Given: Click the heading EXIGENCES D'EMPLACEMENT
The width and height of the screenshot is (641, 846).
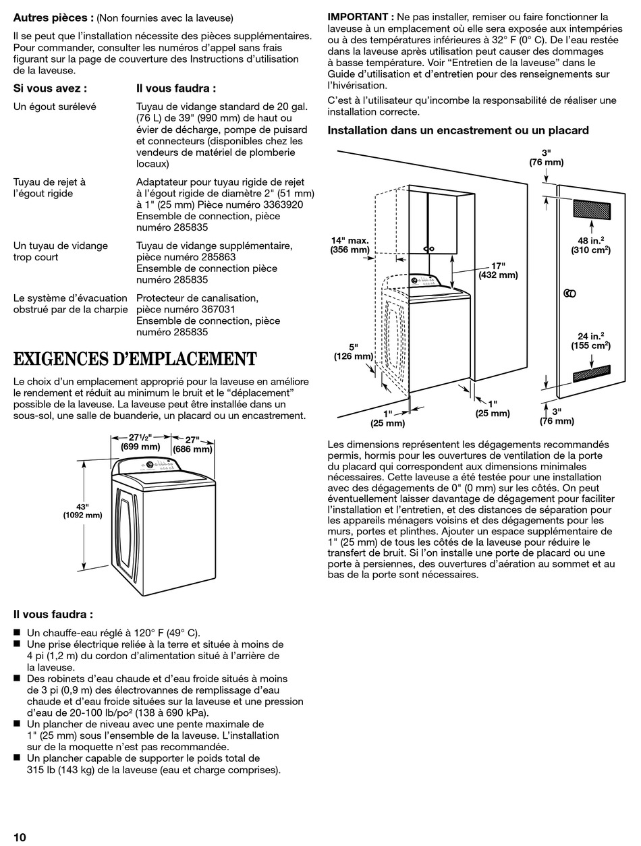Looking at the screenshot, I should point(135,358).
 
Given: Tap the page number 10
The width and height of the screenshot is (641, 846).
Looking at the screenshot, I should point(20,837).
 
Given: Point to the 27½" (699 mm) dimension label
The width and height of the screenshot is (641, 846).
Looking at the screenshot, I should point(140,441).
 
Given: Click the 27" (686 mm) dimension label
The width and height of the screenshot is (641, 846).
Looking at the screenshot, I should point(193,443).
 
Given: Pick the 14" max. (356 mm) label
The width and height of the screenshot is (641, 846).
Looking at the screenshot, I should point(350,245).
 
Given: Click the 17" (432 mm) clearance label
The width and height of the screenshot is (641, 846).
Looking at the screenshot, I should point(498,270).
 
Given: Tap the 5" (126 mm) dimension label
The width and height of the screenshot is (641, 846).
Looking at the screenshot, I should point(353,351).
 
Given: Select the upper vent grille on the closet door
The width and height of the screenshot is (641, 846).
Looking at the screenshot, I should point(591,208).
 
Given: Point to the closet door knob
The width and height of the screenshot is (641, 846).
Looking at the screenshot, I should point(568,293).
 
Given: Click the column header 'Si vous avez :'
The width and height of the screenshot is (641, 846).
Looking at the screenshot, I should point(50,88).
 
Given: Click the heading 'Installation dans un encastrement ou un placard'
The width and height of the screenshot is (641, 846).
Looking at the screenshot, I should point(458,130).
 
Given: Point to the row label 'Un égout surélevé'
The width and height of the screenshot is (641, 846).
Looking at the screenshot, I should point(55,106).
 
